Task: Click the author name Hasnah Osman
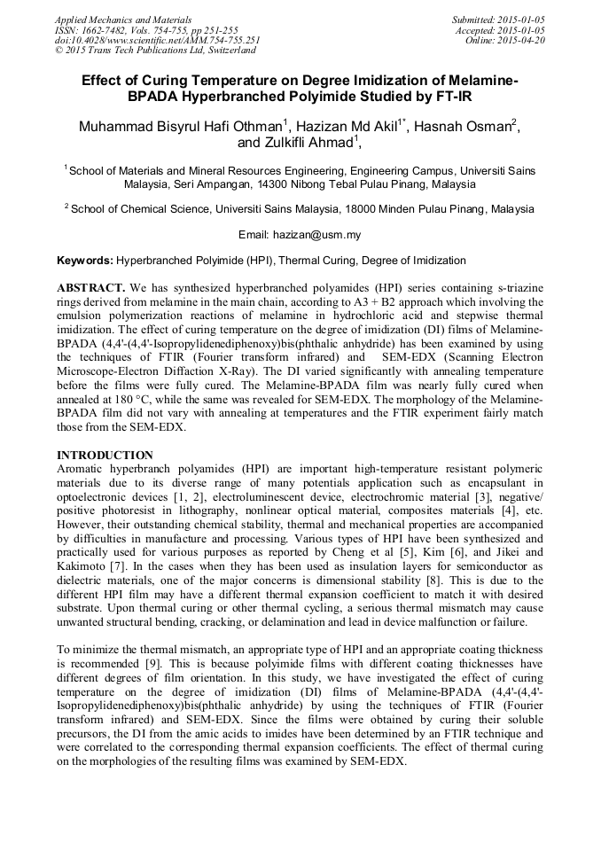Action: (x=467, y=126)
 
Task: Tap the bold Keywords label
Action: (x=85, y=261)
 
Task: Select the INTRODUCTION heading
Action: (x=105, y=455)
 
